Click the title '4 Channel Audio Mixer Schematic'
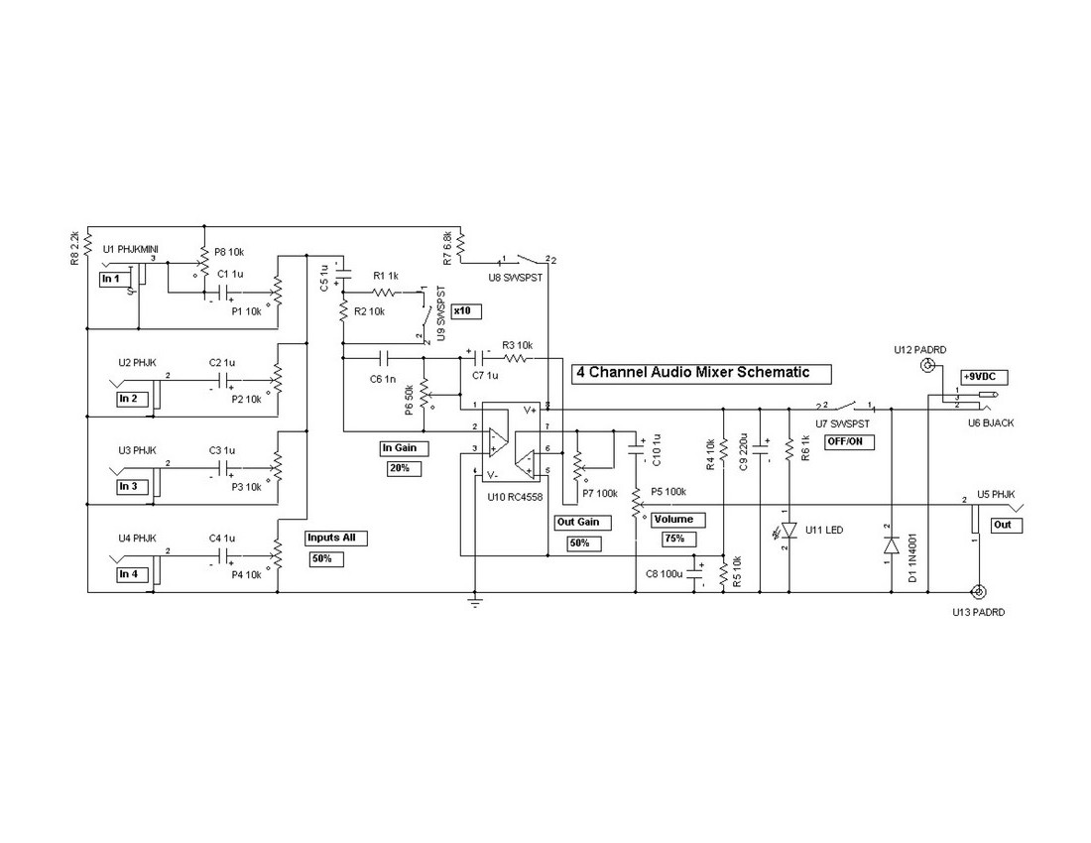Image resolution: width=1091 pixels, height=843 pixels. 701,373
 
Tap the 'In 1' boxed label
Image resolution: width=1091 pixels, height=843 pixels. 110,280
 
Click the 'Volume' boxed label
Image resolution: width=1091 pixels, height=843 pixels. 678,519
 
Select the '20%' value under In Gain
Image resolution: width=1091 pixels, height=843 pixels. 400,467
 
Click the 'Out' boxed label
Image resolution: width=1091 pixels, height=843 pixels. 1005,524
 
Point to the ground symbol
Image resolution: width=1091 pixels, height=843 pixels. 475,601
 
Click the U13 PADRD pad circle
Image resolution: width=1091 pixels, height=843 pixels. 980,593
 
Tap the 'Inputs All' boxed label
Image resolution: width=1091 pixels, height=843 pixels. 336,539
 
